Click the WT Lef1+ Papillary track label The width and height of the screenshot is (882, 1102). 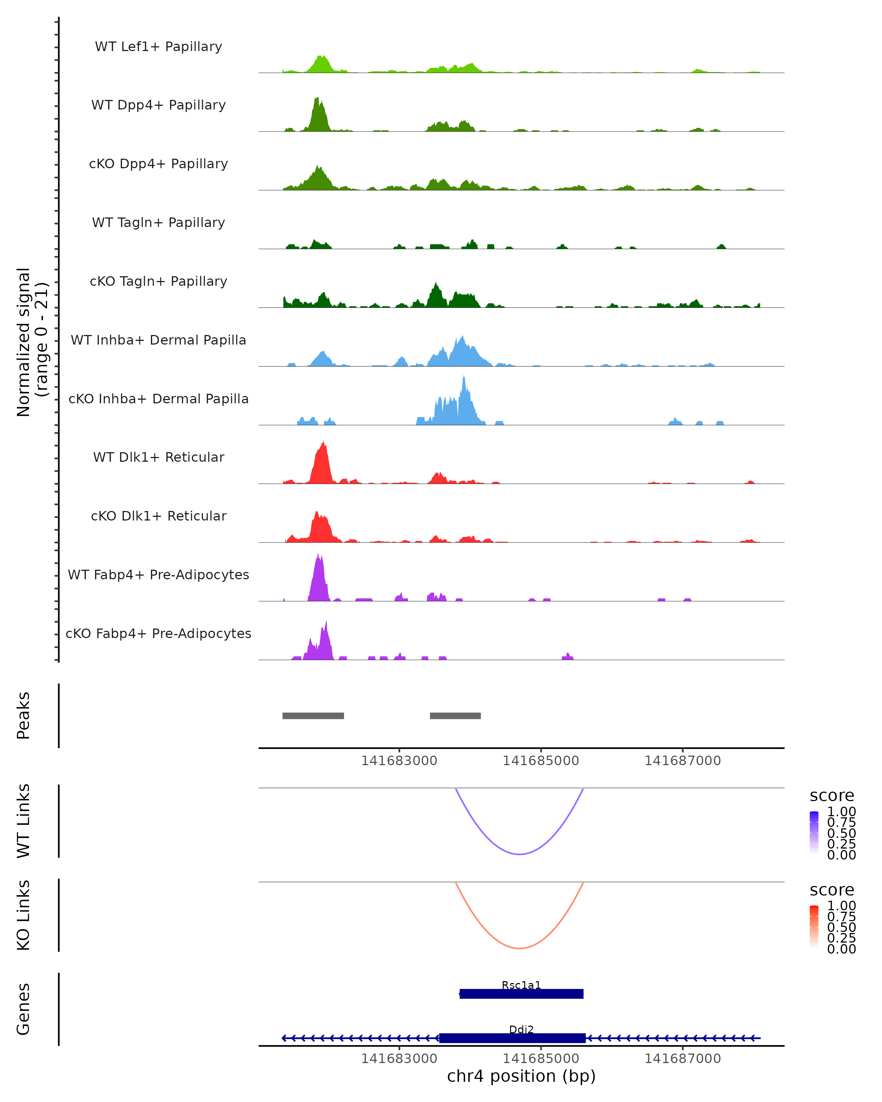click(158, 47)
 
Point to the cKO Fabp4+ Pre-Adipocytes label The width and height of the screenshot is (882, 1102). click(158, 633)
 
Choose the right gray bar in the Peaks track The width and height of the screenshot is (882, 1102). click(455, 716)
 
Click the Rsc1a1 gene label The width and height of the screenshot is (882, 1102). click(521, 984)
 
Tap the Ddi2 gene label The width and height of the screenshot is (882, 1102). click(521, 1029)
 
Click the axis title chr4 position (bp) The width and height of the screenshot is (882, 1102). click(521, 1076)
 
